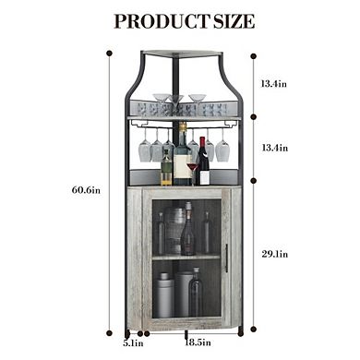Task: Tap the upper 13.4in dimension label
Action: tap(273, 84)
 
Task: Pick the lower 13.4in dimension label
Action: tap(273, 148)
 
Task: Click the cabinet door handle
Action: tap(225, 258)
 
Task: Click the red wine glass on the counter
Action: tap(192, 172)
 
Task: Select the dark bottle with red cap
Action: tap(203, 164)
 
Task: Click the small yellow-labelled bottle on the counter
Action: tap(166, 170)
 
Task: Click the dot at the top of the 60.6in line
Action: tap(109, 53)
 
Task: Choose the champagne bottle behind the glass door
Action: tap(187, 231)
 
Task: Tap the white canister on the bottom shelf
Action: tap(163, 294)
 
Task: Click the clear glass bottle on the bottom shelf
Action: tap(196, 294)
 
